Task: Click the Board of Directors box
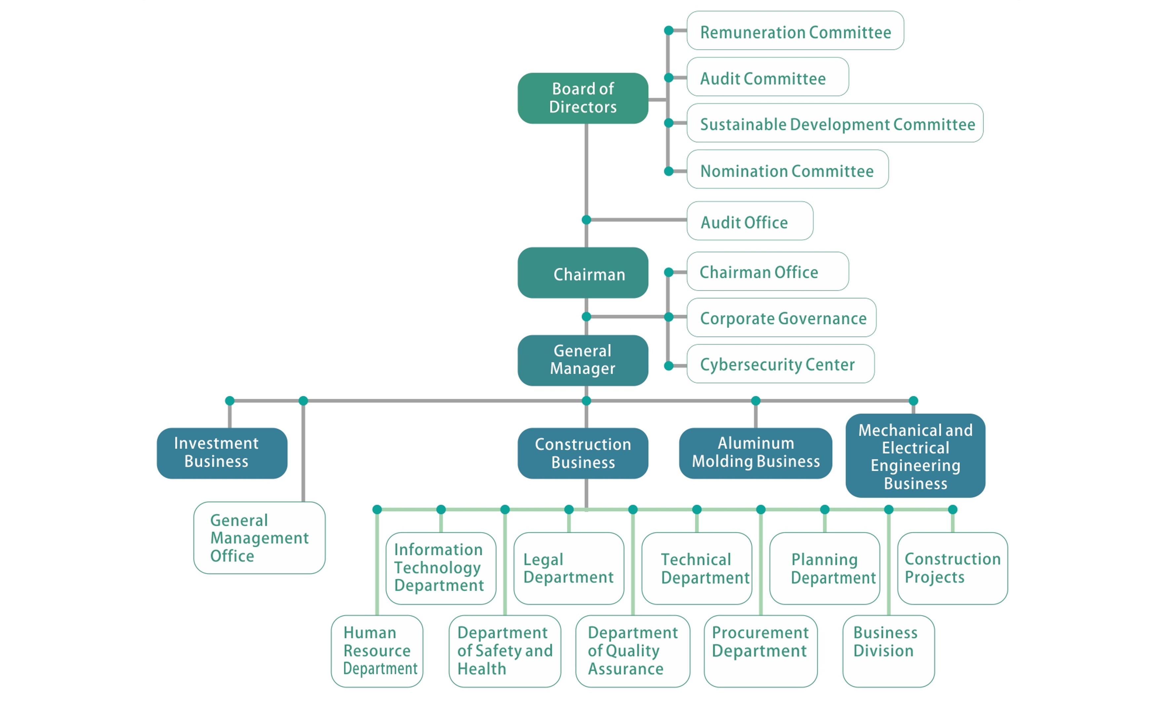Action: pos(582,98)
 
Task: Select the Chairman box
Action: pos(582,273)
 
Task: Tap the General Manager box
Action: pos(582,360)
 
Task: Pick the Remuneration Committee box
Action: pos(795,31)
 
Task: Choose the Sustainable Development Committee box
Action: pos(835,123)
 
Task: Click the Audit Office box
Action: pos(750,221)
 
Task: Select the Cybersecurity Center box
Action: pos(780,364)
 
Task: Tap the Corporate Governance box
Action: pos(781,318)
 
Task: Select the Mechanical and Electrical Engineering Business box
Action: pos(915,456)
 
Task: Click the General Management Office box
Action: pos(259,537)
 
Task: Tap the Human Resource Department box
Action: pos(377,650)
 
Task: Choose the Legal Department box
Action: pos(568,568)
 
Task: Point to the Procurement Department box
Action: pos(760,650)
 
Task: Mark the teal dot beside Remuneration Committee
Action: pos(668,31)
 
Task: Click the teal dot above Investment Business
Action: pos(230,400)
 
